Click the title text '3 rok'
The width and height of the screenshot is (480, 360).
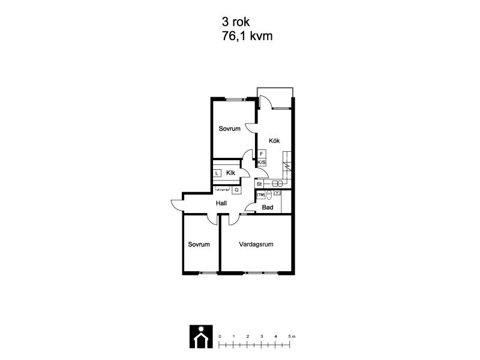point(236,22)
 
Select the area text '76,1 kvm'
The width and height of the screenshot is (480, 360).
point(247,36)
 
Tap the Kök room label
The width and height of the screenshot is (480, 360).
point(274,141)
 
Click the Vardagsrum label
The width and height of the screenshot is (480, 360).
point(256,244)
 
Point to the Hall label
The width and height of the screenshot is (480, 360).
point(221,203)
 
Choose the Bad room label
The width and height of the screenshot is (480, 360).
point(268,207)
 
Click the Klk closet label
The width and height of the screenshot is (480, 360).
point(230,173)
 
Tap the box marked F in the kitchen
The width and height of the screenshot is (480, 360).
point(262,154)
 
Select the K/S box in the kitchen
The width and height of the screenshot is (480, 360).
point(262,162)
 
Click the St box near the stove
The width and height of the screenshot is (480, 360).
point(259,184)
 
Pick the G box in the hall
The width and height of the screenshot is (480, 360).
point(236,190)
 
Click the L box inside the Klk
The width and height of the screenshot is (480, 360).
point(217,173)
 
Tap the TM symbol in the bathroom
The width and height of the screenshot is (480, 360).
point(260,194)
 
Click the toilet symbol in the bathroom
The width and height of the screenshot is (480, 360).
point(269,194)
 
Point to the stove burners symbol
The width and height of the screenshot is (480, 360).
point(277,184)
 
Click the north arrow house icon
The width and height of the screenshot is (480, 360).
point(201,337)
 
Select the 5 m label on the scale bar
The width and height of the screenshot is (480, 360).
point(292,337)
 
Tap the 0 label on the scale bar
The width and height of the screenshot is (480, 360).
point(220,337)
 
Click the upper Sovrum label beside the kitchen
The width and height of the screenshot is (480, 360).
point(230,128)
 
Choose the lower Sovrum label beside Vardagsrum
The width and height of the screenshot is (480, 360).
point(199,244)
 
